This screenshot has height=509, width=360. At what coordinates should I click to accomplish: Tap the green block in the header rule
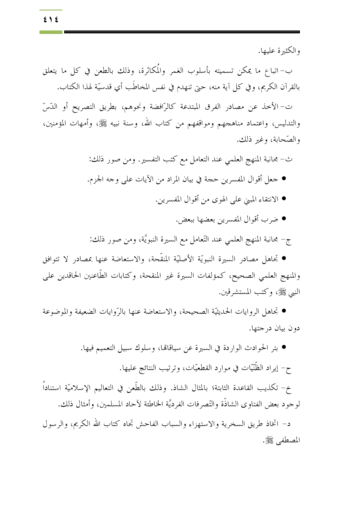click(x=51, y=32)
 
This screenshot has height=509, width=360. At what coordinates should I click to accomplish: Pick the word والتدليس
click(x=287, y=124)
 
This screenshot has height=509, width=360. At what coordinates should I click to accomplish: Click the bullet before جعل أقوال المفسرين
click(x=284, y=179)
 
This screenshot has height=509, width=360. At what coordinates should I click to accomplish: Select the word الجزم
click(x=95, y=180)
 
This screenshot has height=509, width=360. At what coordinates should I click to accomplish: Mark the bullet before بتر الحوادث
click(x=284, y=347)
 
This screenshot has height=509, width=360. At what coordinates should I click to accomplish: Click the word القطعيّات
click(x=198, y=368)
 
